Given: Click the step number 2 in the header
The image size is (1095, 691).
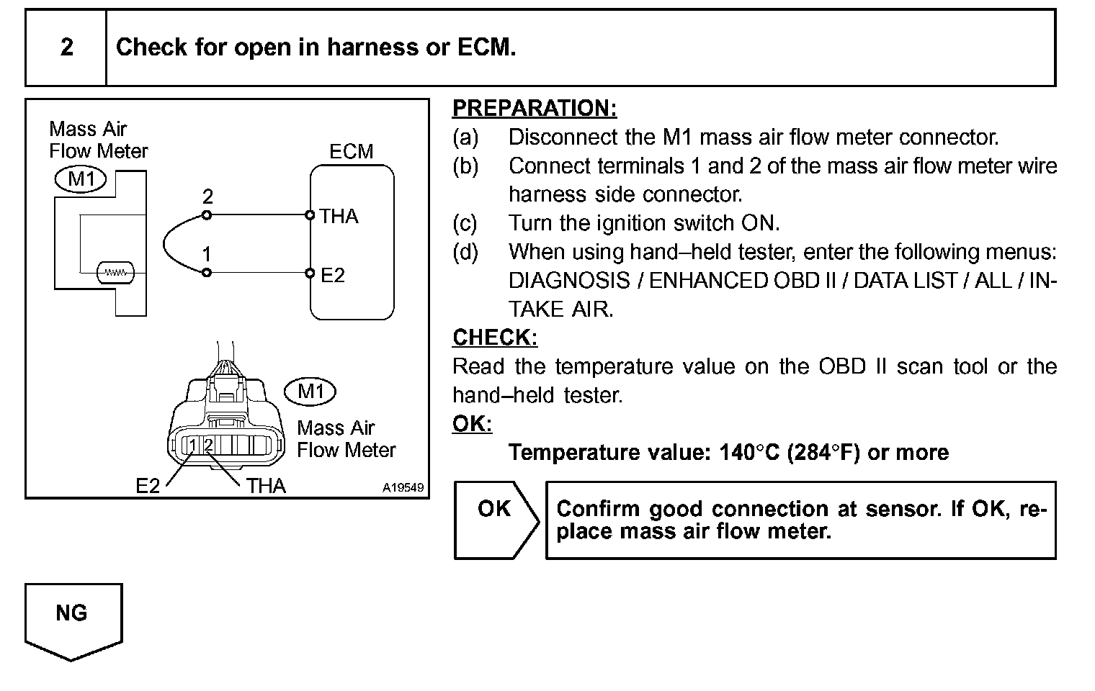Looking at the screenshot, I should tap(66, 48).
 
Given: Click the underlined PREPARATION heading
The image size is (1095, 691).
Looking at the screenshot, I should tap(535, 108).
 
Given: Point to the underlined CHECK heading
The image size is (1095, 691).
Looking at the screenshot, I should tap(495, 338).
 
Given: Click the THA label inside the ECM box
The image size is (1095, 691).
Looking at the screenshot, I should tap(339, 216).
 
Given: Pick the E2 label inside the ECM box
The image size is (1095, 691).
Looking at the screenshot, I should tap(333, 275).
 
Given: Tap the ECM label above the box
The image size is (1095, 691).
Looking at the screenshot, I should tap(351, 152).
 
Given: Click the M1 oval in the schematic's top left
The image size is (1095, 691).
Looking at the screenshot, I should tap(81, 179).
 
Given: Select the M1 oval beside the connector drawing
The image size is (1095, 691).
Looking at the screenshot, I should tap(310, 392).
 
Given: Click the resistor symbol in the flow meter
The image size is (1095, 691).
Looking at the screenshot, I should tap(115, 273).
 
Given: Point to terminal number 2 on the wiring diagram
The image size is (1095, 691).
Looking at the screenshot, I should tap(207, 197).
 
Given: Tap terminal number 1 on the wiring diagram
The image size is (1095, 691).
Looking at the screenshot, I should tap(207, 255).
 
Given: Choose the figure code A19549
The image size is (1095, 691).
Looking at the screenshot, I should tap(403, 487).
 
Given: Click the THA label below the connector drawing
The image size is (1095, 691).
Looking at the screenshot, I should tap(266, 487).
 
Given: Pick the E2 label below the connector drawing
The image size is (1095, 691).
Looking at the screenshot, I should tap(148, 487).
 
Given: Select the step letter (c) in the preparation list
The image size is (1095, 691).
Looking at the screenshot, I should tap(465, 223).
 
